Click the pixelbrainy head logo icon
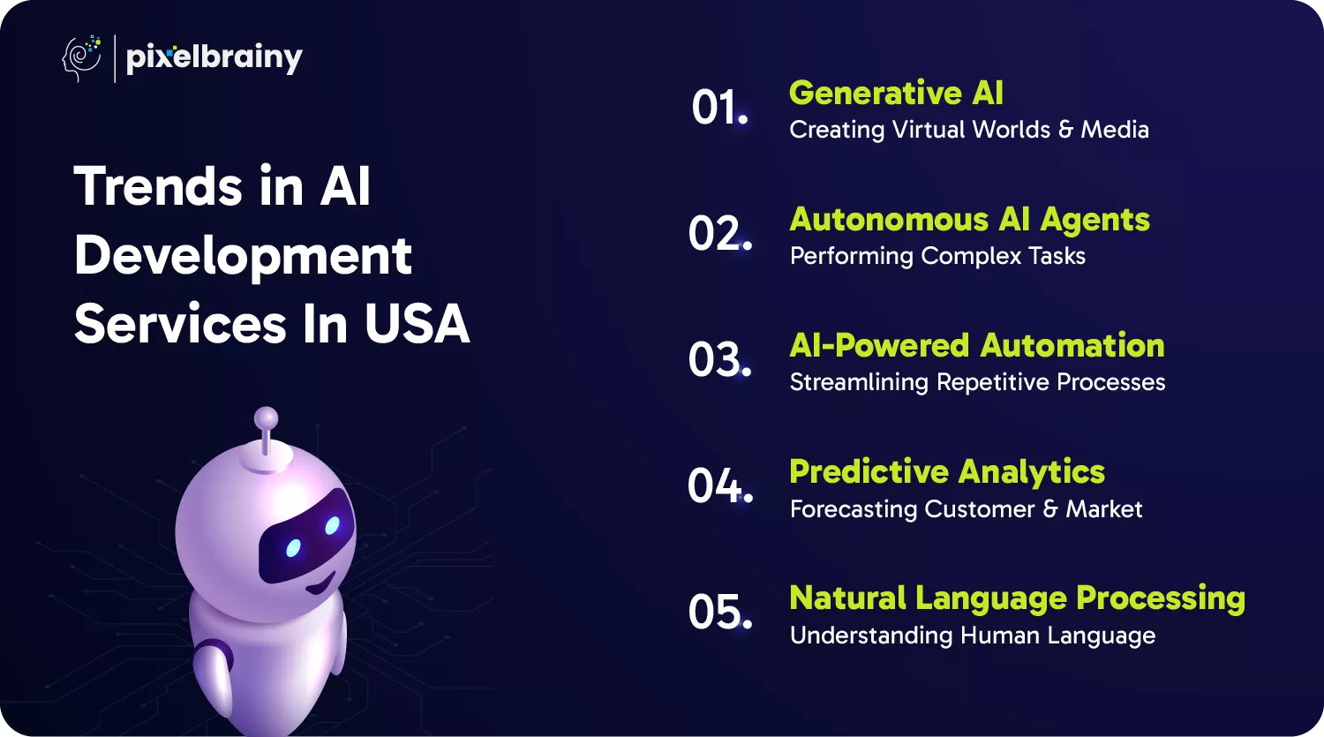tap(81, 58)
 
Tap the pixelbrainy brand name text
tap(214, 59)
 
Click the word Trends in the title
tap(158, 186)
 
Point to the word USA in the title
tap(417, 324)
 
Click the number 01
tap(719, 108)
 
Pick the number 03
tap(719, 359)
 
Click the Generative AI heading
tap(896, 94)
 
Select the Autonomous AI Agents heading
tap(970, 221)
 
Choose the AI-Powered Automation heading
tap(977, 345)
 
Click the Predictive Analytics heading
tap(947, 472)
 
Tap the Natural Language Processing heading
tap(1017, 598)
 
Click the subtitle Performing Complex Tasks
tap(937, 257)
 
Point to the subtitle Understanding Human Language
tap(973, 635)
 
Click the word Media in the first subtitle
tap(1115, 130)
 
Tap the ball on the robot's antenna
tap(266, 418)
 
